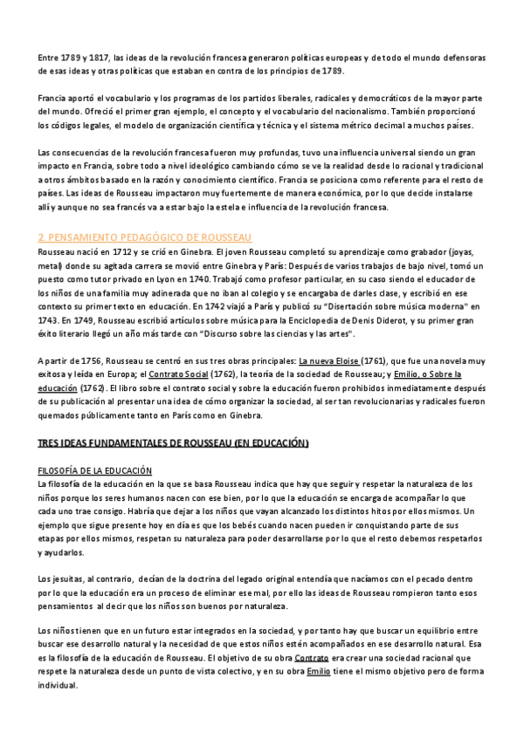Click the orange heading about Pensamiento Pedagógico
tap(145, 237)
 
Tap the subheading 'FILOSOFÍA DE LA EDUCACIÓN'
tap(94, 470)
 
